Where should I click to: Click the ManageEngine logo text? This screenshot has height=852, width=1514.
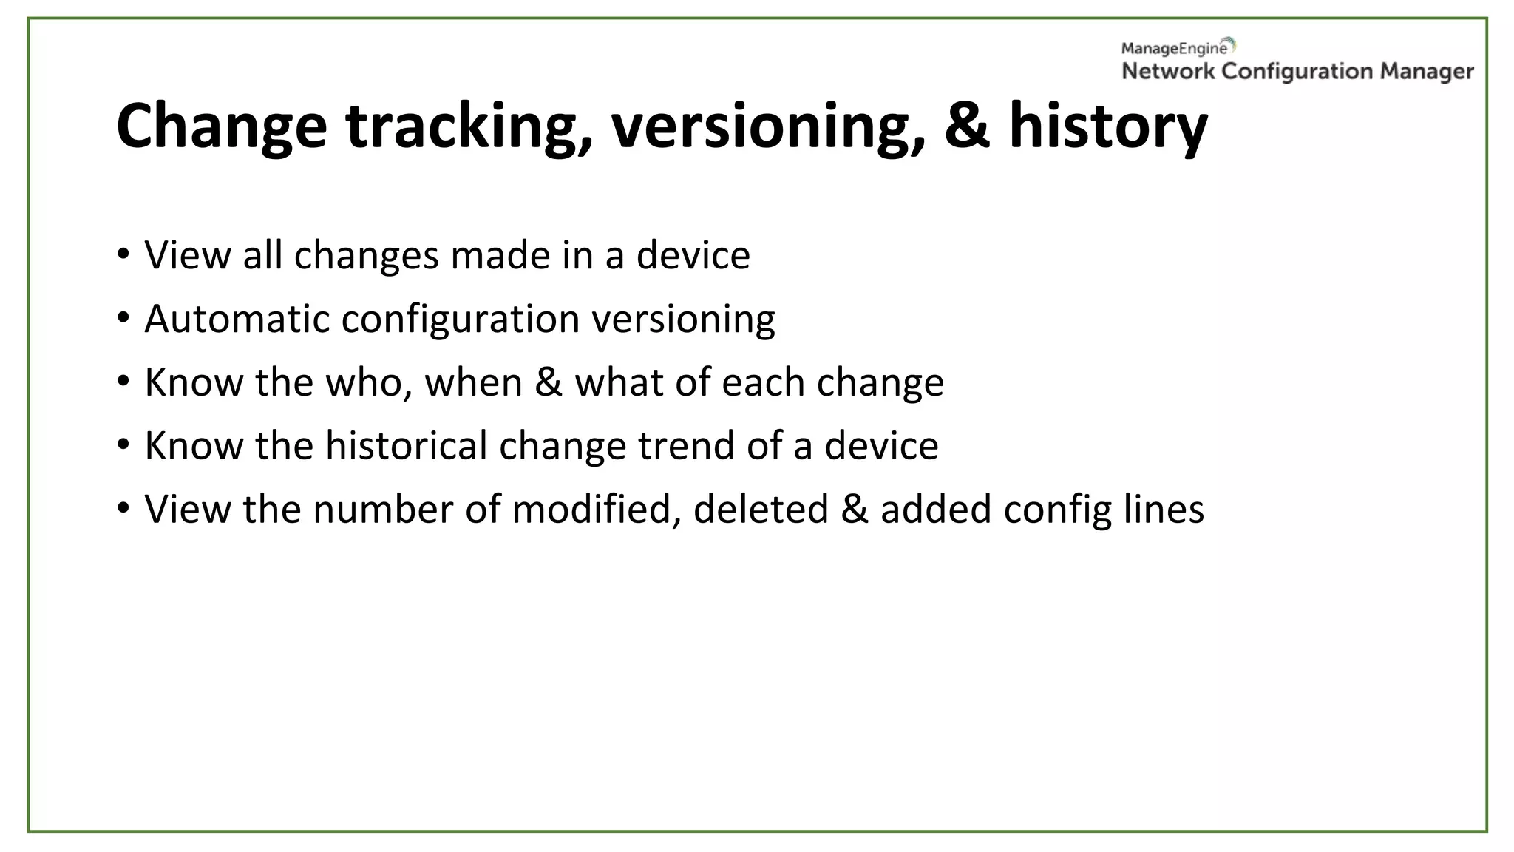coord(1175,49)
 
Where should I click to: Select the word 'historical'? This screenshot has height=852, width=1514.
coord(406,445)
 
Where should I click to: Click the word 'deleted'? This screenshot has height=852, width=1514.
coord(761,509)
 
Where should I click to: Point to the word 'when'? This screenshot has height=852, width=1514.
coord(473,382)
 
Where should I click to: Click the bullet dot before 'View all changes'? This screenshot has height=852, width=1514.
coord(123,254)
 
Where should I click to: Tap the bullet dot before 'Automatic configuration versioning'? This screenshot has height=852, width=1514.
coord(123,317)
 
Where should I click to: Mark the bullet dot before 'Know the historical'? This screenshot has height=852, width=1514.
coord(123,444)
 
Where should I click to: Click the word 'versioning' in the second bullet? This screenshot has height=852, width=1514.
coord(683,319)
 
